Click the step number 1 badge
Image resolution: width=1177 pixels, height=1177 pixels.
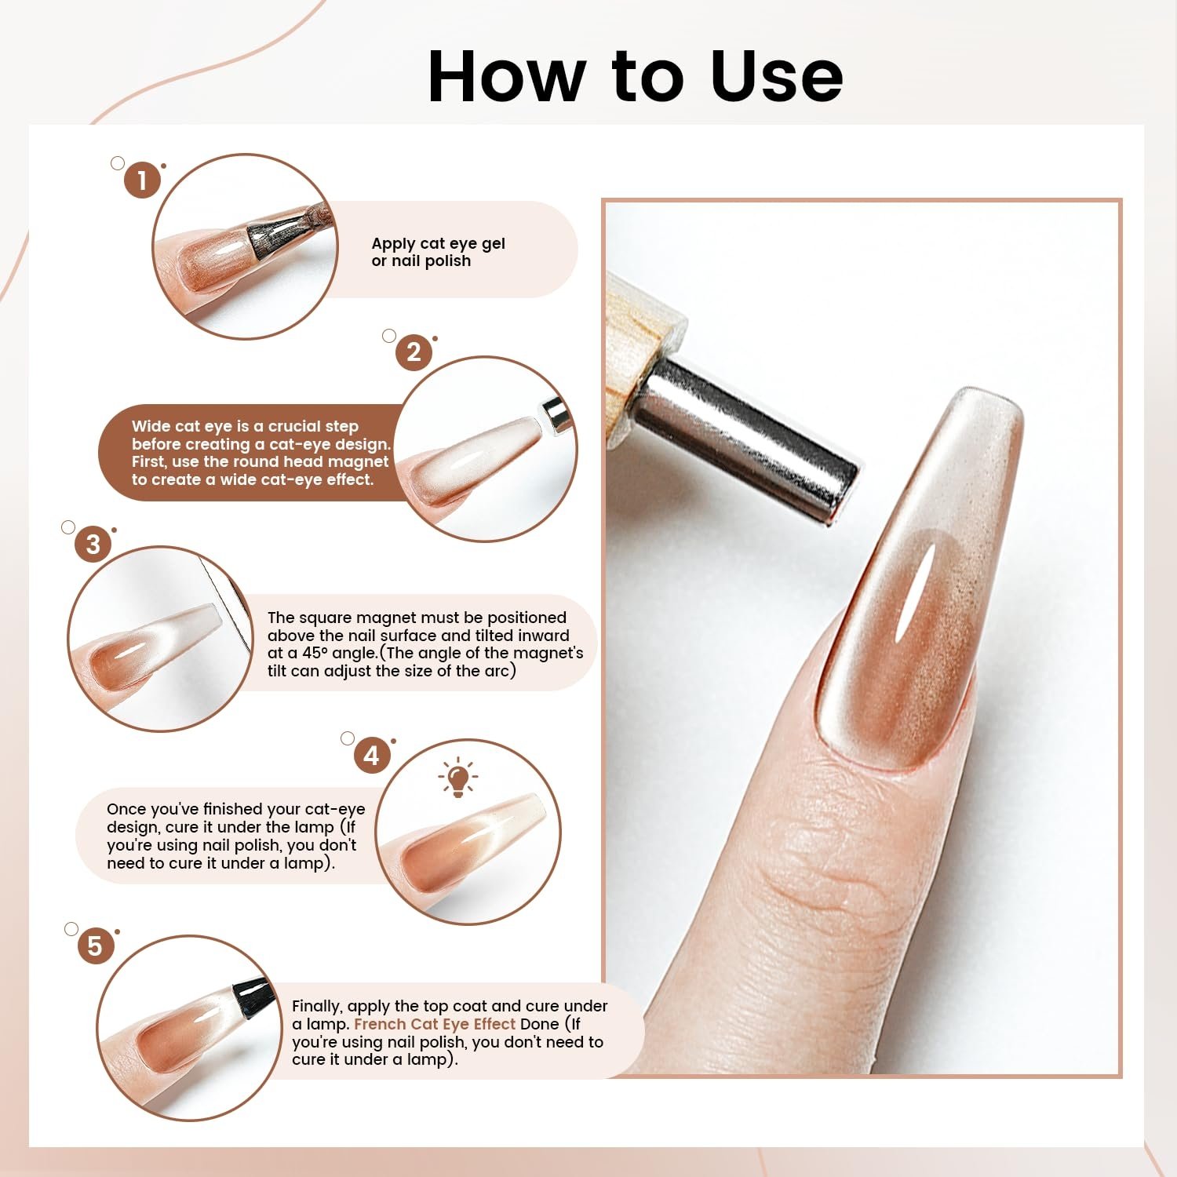coord(142,180)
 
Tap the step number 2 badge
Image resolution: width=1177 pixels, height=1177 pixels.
coord(414,352)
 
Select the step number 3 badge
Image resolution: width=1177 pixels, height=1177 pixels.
coord(93,544)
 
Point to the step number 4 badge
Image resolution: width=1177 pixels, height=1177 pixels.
coord(372,755)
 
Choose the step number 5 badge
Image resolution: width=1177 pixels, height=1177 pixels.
coord(95,946)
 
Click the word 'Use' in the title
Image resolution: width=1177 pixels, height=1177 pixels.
coord(776,76)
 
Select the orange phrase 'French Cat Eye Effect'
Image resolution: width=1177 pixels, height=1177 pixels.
coord(435,1024)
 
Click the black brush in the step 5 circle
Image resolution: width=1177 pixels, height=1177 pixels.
coord(250,998)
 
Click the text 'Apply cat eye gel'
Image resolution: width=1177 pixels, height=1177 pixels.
coord(438,243)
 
